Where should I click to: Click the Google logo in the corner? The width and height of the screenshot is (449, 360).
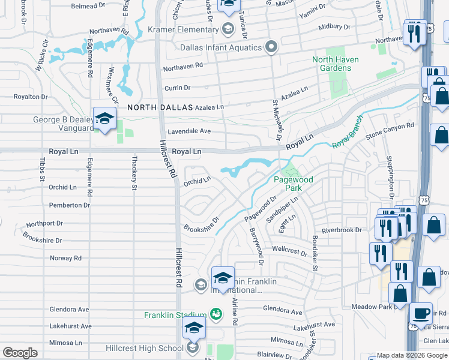[x=20, y=353]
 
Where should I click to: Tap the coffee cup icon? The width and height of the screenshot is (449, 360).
[x=421, y=313]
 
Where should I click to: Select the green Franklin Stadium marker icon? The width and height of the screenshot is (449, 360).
[x=215, y=314]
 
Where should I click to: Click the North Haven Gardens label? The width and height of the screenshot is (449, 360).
[x=331, y=64]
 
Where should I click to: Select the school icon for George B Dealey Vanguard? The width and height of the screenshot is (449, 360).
[x=104, y=119]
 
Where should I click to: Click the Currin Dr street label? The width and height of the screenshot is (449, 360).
[x=177, y=88]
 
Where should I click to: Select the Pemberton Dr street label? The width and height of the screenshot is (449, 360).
[x=69, y=205]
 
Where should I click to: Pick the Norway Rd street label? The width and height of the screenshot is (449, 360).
[x=65, y=258]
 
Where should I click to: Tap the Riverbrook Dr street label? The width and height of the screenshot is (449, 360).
[x=342, y=230]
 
